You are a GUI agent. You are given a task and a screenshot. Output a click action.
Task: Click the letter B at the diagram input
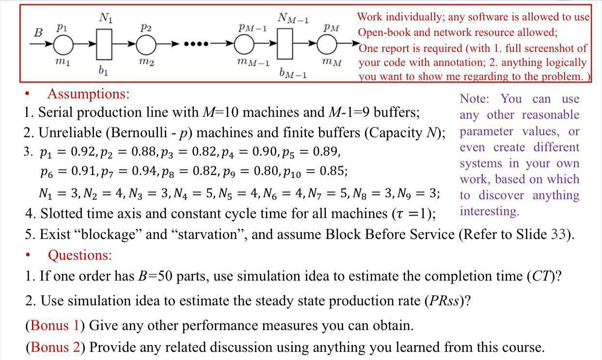[x=38, y=33]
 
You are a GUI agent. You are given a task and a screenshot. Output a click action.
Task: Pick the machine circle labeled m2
[x=144, y=46]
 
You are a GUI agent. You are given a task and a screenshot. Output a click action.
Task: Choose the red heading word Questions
[x=79, y=255]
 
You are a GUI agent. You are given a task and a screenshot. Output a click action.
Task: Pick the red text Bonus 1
[x=55, y=325]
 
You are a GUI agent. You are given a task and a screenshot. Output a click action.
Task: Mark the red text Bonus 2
[x=55, y=347]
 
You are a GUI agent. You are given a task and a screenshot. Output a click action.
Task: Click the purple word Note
[x=474, y=99]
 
